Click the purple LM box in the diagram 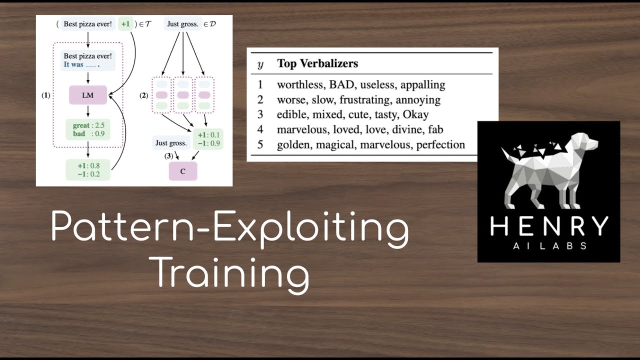coord(88,94)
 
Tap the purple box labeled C coord(182,171)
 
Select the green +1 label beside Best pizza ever coord(125,23)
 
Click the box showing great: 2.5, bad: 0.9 coord(88,130)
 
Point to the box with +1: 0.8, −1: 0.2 coord(88,169)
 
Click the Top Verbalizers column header coord(317,64)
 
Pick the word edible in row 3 coord(290,114)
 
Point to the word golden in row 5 coord(292,145)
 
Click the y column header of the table coord(260,65)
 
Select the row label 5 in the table coord(260,145)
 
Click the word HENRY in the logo coord(548,226)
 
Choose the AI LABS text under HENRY coord(548,246)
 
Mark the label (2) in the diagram coord(144,95)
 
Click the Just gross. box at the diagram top coord(183,23)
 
